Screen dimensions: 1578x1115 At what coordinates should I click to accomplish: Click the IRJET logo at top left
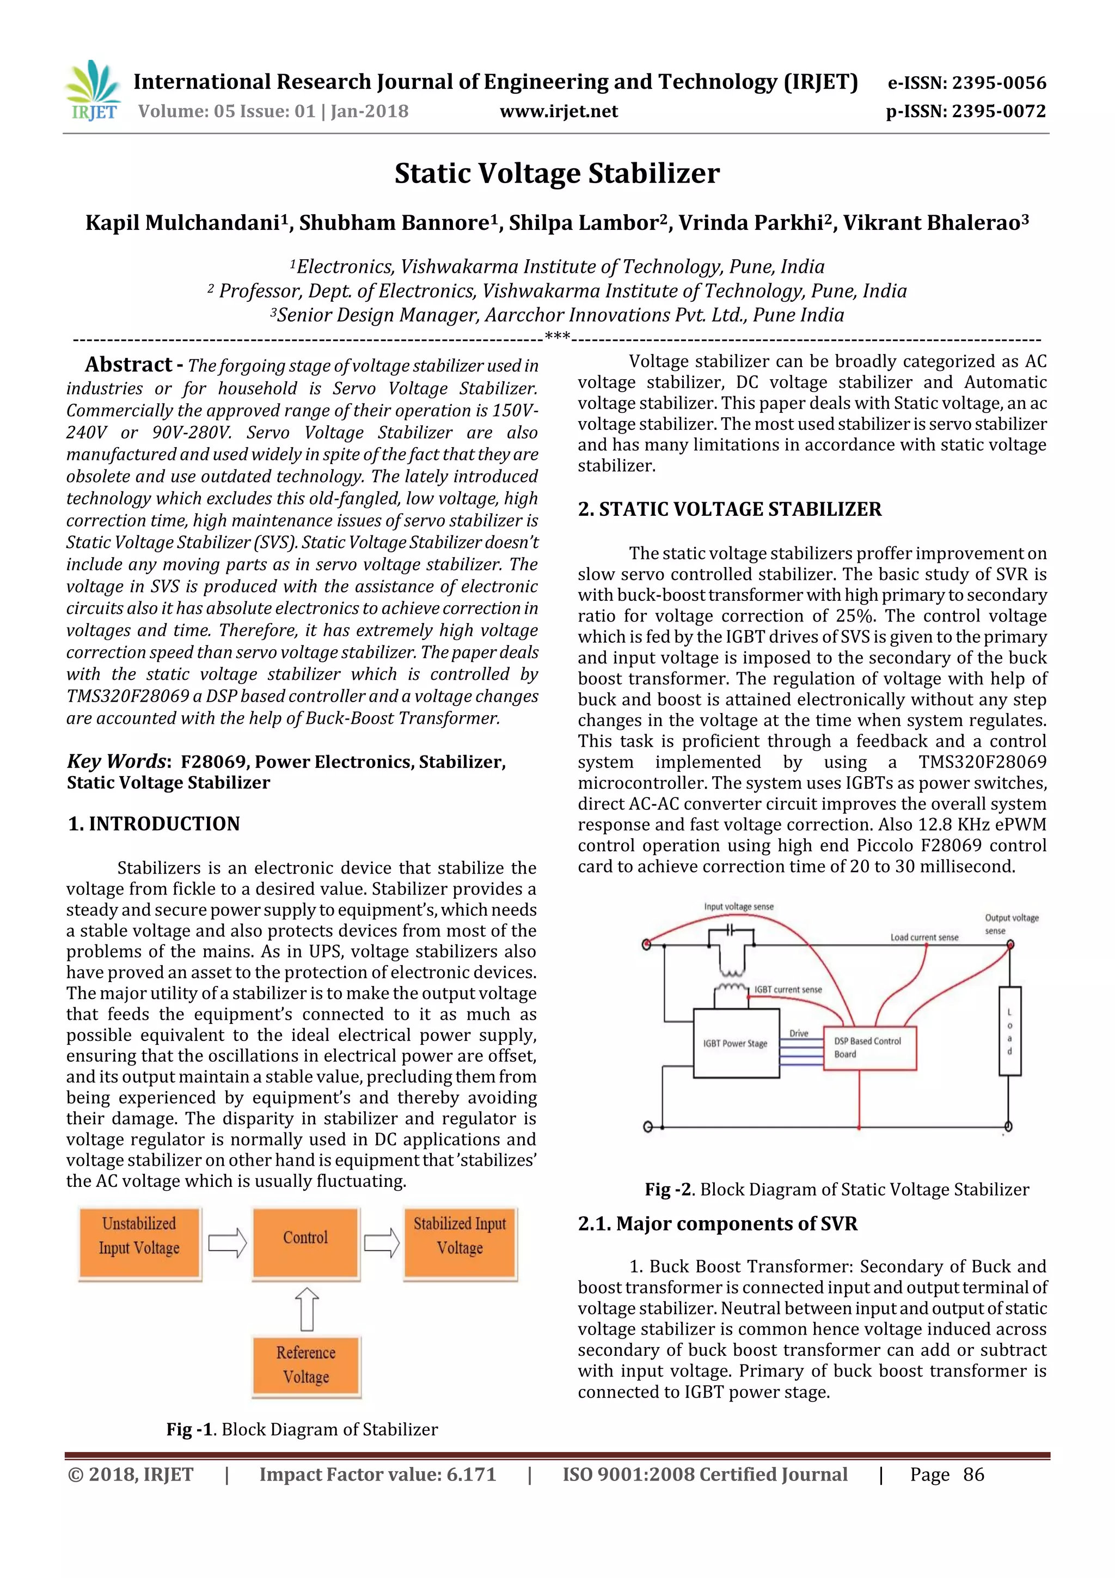coord(93,91)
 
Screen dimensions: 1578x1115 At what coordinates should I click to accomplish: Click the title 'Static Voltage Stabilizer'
coord(556,173)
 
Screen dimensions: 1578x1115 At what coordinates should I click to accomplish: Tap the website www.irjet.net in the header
coord(559,111)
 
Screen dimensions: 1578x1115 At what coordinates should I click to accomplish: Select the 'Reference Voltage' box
coord(306,1365)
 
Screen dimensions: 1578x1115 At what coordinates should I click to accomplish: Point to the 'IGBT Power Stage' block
coord(736,1043)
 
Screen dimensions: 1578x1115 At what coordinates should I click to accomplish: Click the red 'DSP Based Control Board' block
coord(869,1047)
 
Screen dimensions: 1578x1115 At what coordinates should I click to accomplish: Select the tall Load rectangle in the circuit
coord(1009,1031)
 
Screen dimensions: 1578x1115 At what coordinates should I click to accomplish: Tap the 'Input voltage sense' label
coord(739,906)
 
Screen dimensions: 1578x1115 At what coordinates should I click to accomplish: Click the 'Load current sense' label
coord(924,937)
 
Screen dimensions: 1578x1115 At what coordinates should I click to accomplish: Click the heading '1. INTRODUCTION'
coord(154,824)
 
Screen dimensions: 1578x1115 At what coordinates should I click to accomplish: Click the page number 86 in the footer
coord(973,1474)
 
